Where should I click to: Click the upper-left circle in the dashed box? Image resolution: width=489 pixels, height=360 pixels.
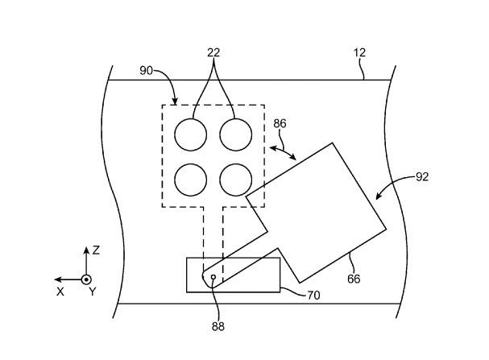click(x=192, y=134)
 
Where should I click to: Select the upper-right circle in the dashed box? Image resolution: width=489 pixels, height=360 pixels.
click(x=237, y=134)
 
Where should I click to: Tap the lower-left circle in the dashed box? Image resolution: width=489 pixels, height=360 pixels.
click(x=192, y=180)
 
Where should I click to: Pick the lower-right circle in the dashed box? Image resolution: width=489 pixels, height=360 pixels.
click(x=237, y=180)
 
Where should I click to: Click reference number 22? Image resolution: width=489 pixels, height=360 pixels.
click(x=213, y=52)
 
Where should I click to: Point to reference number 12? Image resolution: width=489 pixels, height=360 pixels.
click(x=359, y=52)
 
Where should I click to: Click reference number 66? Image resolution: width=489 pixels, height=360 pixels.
click(x=354, y=279)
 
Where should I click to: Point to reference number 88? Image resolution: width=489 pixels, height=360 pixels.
click(x=218, y=326)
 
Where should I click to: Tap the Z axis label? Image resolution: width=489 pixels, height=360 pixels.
click(x=96, y=250)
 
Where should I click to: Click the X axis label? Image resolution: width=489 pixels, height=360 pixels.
click(x=60, y=292)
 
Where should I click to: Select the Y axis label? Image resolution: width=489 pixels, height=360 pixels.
click(x=92, y=292)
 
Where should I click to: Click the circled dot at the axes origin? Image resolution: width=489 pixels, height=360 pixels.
click(x=86, y=279)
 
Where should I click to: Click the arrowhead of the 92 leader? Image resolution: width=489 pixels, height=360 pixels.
click(x=376, y=198)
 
